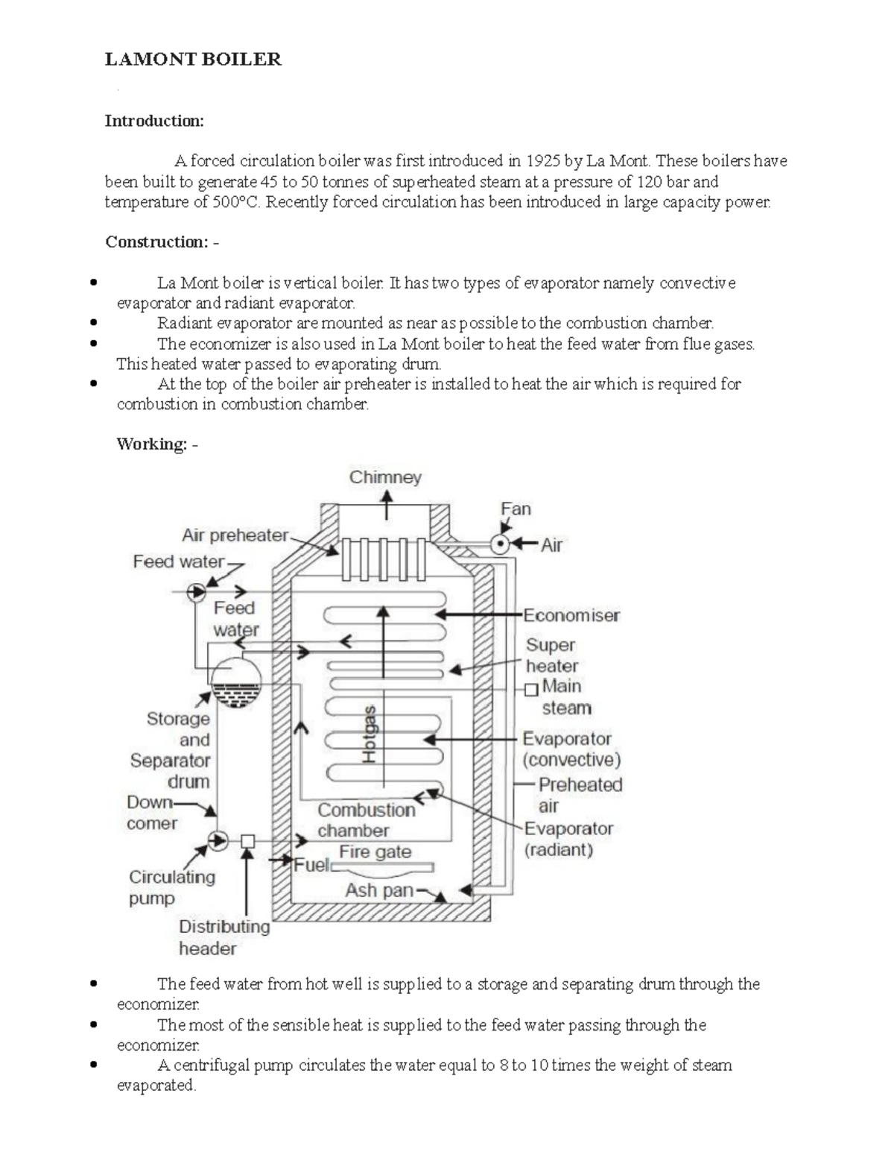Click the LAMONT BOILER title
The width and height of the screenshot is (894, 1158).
tap(193, 60)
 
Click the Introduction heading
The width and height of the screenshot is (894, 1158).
tap(153, 121)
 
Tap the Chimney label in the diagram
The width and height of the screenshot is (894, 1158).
tap(385, 477)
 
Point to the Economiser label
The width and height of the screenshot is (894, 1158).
tap(571, 615)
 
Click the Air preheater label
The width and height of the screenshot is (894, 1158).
tap(235, 535)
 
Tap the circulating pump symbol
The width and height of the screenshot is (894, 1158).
tap(218, 841)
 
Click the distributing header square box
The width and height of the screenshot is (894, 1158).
tap(248, 841)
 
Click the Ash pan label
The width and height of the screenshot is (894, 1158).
tap(379, 890)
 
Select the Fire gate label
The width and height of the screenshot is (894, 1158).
tap(375, 852)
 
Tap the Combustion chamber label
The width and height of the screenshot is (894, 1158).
tap(366, 820)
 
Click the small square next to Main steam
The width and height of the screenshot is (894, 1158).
tap(531, 689)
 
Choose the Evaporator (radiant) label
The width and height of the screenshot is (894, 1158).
tap(568, 839)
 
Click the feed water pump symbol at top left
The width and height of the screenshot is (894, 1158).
tap(197, 592)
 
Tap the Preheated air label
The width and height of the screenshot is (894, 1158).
tap(580, 795)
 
